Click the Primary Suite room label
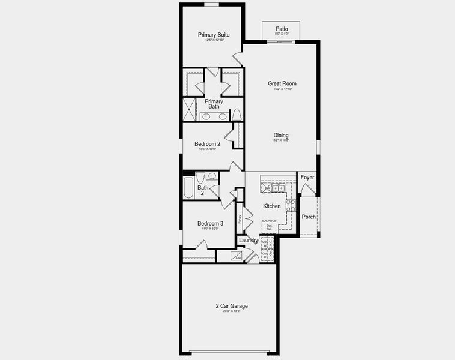[x=214, y=35]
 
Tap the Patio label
[x=282, y=29]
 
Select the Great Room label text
[x=282, y=84]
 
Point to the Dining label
[x=281, y=135]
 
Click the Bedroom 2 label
[x=207, y=144]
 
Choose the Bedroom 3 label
[x=210, y=224]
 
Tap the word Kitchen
[x=271, y=206]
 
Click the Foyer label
[x=307, y=178]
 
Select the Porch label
[x=309, y=217]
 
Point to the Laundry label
[x=249, y=241]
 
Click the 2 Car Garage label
[x=232, y=306]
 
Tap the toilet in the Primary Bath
[x=237, y=115]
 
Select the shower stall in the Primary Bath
[x=190, y=110]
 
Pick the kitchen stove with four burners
[x=291, y=206]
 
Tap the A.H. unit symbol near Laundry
[x=237, y=257]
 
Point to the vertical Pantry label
[x=240, y=219]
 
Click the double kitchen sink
[x=278, y=188]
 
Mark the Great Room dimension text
[x=282, y=89]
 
